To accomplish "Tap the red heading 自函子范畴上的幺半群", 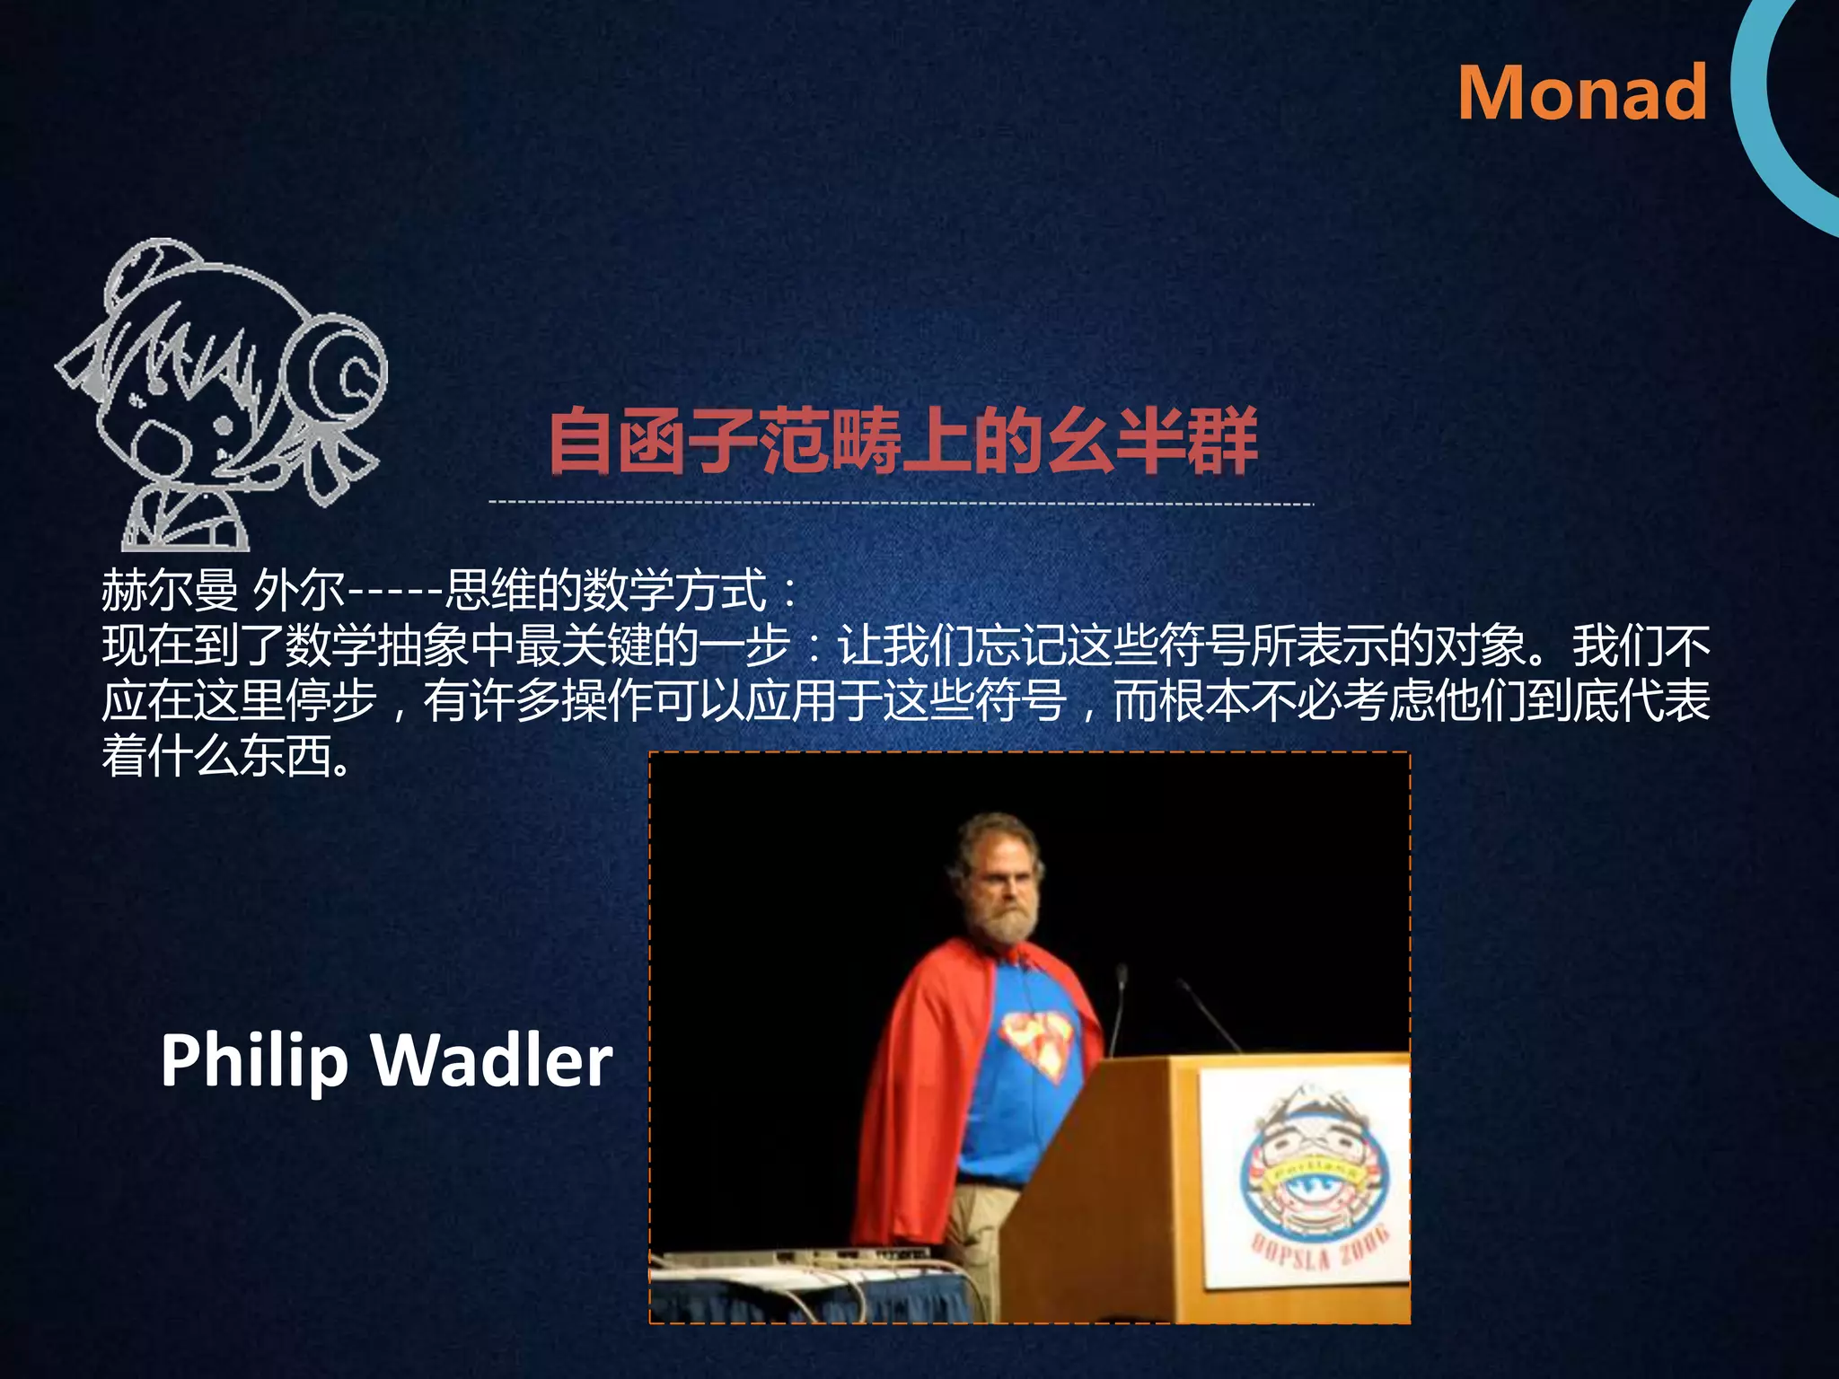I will tap(902, 440).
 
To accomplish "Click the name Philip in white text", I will tap(254, 1061).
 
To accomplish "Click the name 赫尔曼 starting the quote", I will tap(169, 590).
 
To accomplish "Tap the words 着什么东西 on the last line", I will tap(216, 756).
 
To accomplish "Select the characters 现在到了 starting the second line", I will tap(192, 646).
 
